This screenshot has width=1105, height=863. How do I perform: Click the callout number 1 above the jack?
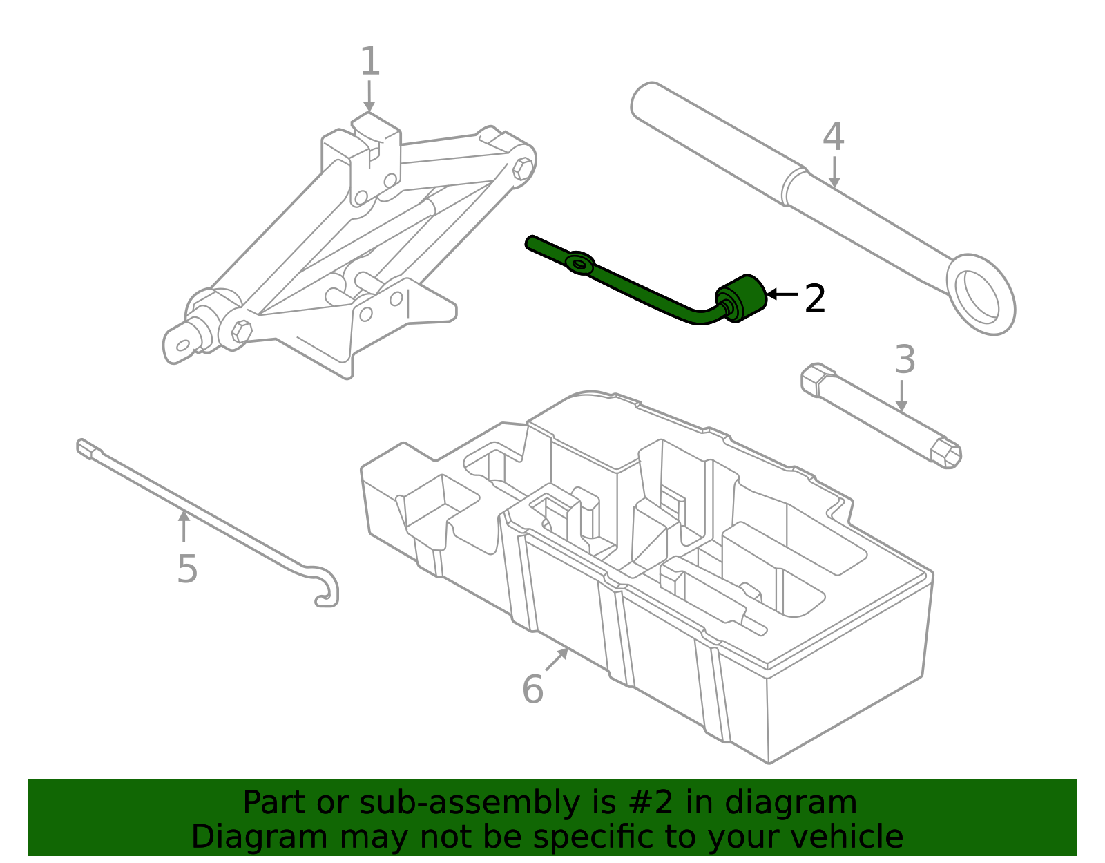point(370,62)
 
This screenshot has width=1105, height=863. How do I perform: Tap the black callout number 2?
point(815,299)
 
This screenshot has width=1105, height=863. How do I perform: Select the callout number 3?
point(905,360)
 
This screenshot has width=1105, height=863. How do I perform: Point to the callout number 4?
point(834,137)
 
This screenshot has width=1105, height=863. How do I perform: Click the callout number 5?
point(187,569)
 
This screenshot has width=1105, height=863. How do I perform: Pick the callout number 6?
point(532,690)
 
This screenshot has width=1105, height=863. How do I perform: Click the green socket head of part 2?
point(742,298)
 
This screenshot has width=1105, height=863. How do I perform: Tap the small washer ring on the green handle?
point(579,263)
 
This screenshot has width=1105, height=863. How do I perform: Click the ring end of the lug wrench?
point(981,294)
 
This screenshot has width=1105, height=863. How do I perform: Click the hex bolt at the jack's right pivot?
point(523,168)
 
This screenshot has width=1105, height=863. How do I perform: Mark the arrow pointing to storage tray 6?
point(557,659)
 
